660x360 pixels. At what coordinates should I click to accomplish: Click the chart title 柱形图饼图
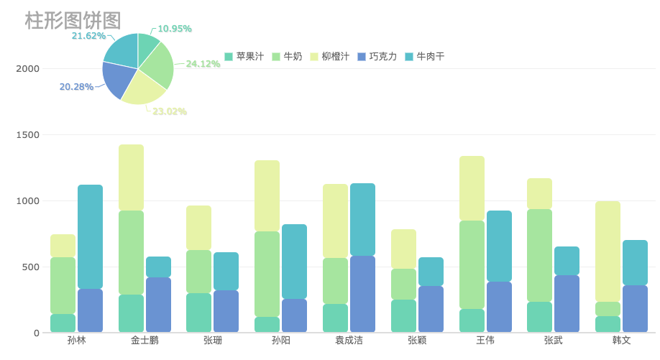(x=73, y=21)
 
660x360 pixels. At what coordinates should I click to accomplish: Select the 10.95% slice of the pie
(x=147, y=45)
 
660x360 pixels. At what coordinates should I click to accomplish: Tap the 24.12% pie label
(x=203, y=64)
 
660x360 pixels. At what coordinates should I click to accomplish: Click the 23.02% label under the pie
(x=170, y=111)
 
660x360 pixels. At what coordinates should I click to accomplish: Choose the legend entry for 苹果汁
(x=244, y=56)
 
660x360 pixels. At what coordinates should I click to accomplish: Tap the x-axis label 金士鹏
(x=145, y=340)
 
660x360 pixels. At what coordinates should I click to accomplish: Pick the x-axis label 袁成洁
(x=349, y=340)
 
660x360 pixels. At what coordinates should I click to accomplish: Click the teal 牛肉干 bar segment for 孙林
(x=90, y=236)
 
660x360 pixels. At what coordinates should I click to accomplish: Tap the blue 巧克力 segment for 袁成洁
(x=362, y=294)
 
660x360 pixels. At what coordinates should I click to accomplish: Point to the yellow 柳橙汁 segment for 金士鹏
(x=131, y=177)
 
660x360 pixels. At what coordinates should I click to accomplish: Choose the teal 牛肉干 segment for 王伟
(x=499, y=246)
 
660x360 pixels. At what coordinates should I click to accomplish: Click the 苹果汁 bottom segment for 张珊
(x=198, y=313)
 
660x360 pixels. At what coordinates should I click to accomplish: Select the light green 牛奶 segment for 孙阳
(x=267, y=274)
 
